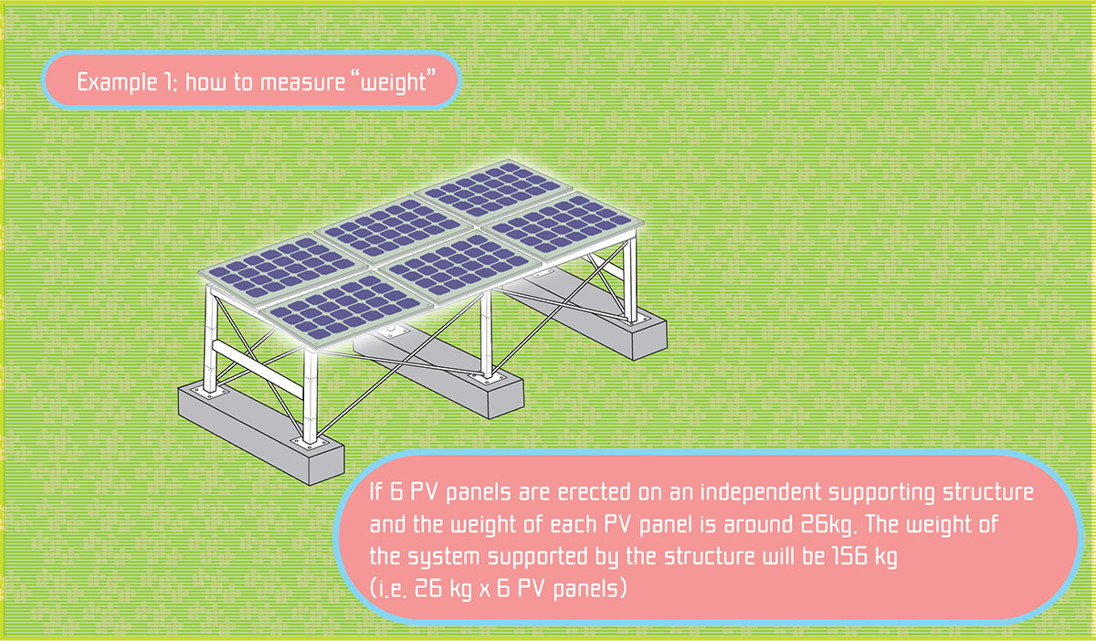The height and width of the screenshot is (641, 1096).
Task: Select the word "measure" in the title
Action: click(302, 82)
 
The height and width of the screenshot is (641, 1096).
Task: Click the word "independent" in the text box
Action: click(760, 493)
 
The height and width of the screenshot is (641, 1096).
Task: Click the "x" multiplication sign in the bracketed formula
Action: click(484, 589)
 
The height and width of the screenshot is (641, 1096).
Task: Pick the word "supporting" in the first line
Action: click(882, 493)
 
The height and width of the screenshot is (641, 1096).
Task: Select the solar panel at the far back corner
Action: click(494, 191)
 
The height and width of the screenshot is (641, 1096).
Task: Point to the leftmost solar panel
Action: click(284, 268)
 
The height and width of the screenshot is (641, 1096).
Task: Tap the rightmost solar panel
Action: click(563, 226)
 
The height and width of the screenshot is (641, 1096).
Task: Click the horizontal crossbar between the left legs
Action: click(258, 369)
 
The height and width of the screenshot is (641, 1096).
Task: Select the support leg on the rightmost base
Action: click(632, 280)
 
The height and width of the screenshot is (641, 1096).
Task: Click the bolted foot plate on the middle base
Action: click(488, 379)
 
